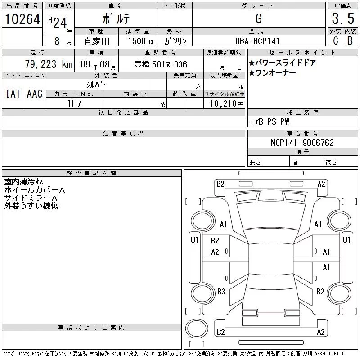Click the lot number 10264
[x=22, y=19]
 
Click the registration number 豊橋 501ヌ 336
[x=161, y=64]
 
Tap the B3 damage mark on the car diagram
[x=221, y=292]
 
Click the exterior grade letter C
[x=335, y=40]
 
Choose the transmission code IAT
[x=13, y=94]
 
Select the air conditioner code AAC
[x=35, y=94]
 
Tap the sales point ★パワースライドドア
[x=282, y=63]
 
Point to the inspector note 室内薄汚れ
[x=23, y=182]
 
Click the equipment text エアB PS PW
[x=270, y=121]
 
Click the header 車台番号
[x=302, y=134]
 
